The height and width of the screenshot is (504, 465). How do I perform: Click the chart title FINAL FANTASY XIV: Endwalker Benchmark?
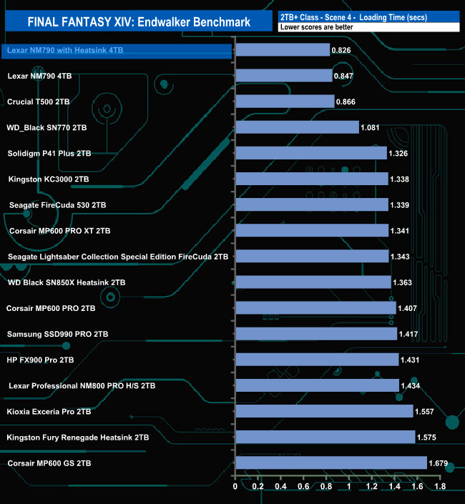point(139,22)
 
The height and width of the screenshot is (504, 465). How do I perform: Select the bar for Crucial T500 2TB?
point(285,102)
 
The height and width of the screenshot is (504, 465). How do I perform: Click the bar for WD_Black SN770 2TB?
point(297,127)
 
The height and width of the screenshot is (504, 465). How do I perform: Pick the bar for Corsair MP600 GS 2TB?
point(331,463)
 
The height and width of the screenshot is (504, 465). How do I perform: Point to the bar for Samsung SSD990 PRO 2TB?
point(316,334)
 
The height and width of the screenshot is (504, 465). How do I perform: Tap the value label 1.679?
point(438,463)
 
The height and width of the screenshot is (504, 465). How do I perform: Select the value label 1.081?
point(371,127)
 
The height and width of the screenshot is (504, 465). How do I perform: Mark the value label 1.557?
point(424,412)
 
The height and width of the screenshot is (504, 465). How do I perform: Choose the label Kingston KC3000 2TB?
point(49,179)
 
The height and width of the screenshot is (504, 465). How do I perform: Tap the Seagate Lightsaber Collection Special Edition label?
point(118,256)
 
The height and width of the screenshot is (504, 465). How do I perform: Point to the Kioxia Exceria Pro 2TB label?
point(49,412)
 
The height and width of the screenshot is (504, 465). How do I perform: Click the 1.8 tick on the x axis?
point(439,488)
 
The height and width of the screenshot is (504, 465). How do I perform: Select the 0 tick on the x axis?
point(235,488)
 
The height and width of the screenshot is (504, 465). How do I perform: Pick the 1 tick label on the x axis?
point(349,488)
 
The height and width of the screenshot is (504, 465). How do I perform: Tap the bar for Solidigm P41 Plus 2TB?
point(311,153)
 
